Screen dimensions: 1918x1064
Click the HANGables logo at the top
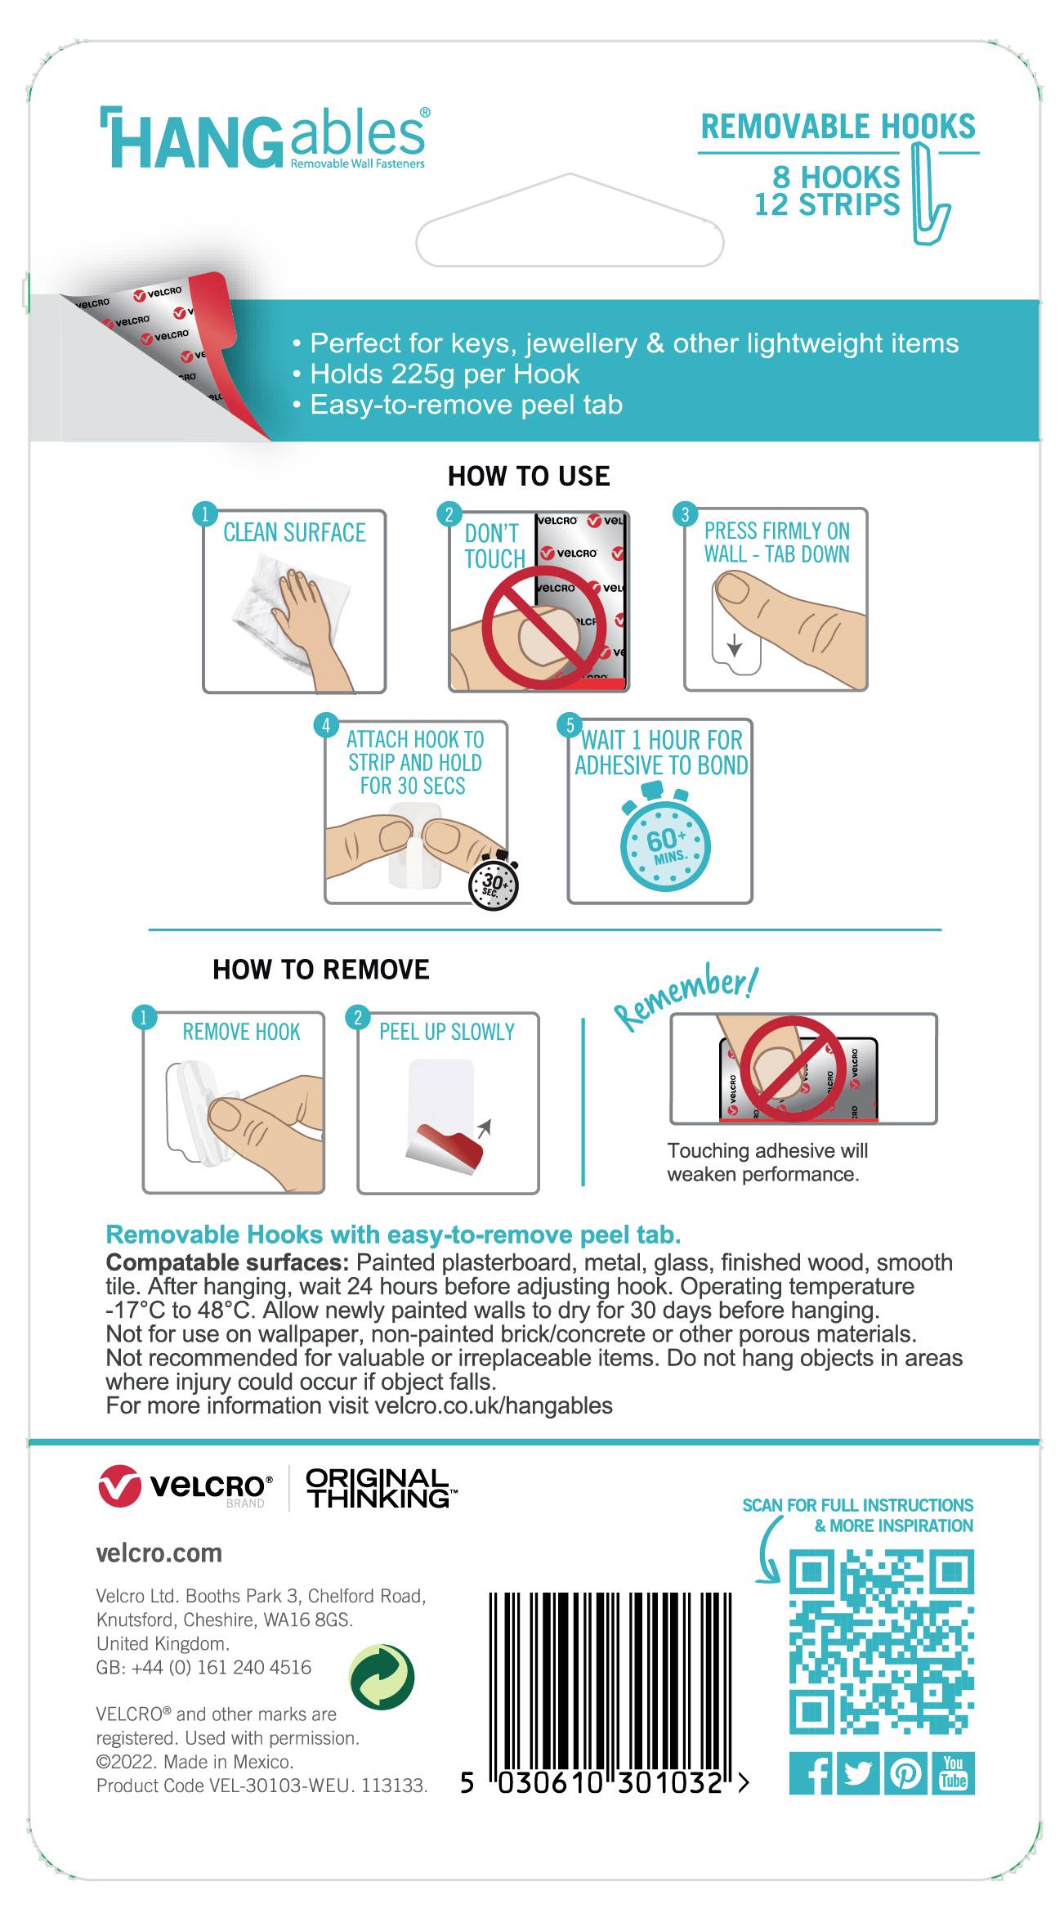click(x=263, y=139)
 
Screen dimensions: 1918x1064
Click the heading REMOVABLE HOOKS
click(x=838, y=127)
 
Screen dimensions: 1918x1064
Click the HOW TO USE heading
click(x=529, y=477)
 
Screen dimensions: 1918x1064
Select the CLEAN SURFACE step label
click(x=294, y=533)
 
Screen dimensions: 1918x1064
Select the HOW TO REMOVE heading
click(x=320, y=970)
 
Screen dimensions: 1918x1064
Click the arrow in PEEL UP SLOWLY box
click(x=484, y=1129)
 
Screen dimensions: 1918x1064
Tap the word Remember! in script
click(x=686, y=999)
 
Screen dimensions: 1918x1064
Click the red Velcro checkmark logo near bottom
click(x=119, y=1486)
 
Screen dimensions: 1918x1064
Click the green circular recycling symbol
click(x=382, y=1677)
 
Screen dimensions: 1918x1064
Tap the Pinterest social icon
click(x=905, y=1774)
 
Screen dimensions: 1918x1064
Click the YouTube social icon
click(x=953, y=1774)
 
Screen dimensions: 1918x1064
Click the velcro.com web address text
click(x=159, y=1553)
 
